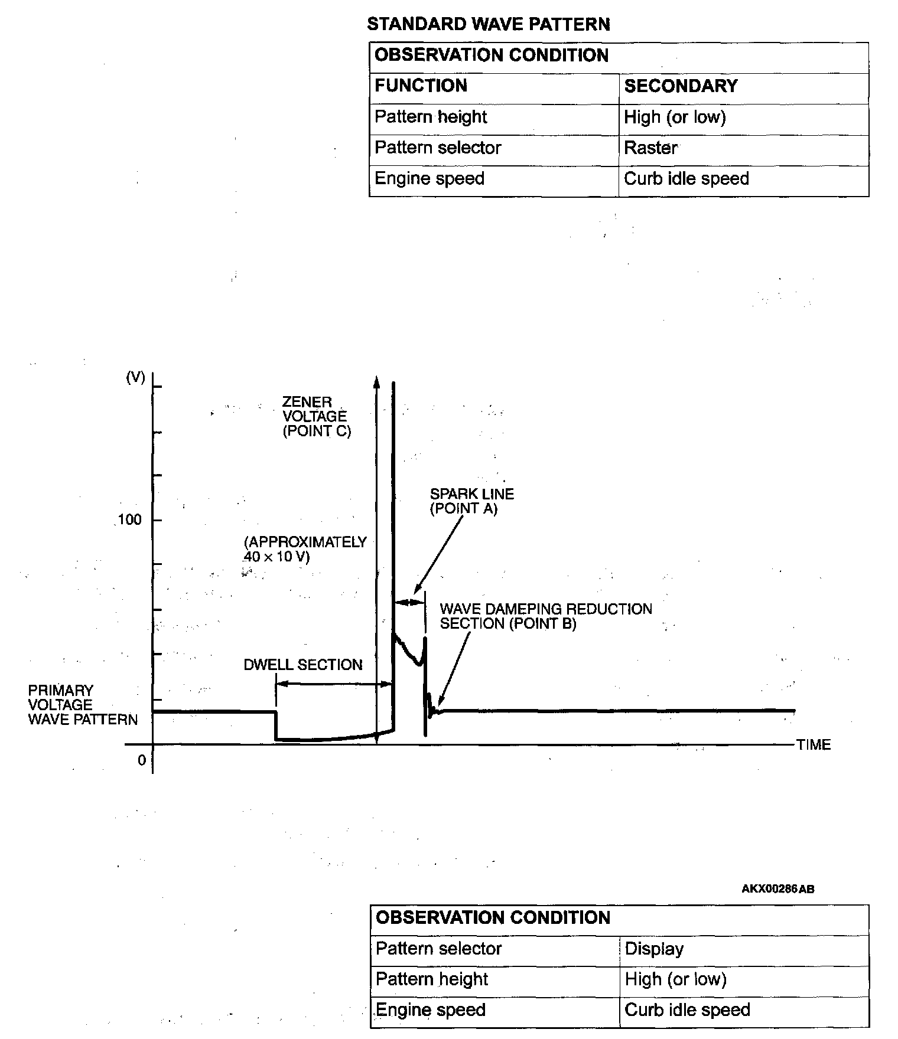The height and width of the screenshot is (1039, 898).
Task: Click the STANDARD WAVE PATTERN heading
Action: pyautogui.click(x=488, y=24)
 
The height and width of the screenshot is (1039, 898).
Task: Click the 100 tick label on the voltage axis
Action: pyautogui.click(x=130, y=519)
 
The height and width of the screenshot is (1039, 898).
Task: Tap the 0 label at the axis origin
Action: pyautogui.click(x=142, y=760)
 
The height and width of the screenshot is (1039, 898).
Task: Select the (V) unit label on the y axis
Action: pyautogui.click(x=136, y=378)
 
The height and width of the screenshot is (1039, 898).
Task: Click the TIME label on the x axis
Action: pyautogui.click(x=814, y=745)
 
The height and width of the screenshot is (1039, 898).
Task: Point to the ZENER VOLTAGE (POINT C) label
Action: pyautogui.click(x=316, y=416)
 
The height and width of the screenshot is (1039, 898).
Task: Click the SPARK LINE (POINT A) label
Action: pyautogui.click(x=471, y=501)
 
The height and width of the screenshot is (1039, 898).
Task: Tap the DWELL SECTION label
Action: pyautogui.click(x=302, y=665)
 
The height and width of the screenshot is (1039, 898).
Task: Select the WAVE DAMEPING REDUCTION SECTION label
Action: pyautogui.click(x=546, y=616)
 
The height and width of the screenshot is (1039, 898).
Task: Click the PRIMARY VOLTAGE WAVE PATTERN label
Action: pyautogui.click(x=83, y=705)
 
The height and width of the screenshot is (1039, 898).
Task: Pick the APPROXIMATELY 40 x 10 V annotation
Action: pyautogui.click(x=305, y=549)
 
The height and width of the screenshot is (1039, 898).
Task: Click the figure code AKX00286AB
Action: pyautogui.click(x=777, y=889)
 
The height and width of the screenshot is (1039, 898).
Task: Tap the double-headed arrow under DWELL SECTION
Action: pyautogui.click(x=334, y=684)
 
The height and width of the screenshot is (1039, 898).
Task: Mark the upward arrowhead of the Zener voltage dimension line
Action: pyautogui.click(x=376, y=381)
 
